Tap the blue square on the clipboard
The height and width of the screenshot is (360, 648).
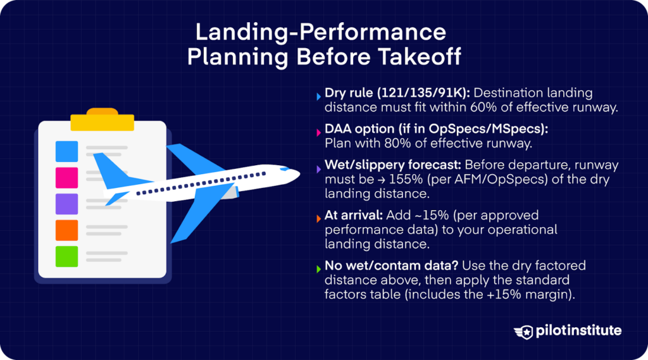[x=66, y=151]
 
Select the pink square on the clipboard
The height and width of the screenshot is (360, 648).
[x=66, y=178]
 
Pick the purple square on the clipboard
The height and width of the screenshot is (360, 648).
[x=66, y=204]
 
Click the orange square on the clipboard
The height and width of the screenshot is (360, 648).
[x=66, y=230]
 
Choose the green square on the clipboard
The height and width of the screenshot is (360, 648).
[x=66, y=256]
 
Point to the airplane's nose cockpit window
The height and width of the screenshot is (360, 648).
[x=289, y=170]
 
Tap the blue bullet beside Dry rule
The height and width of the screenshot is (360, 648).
[x=318, y=97]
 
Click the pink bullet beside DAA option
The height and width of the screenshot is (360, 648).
[x=318, y=132]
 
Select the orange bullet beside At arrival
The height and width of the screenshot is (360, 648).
[x=318, y=219]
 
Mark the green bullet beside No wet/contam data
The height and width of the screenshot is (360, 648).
[x=318, y=269]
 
